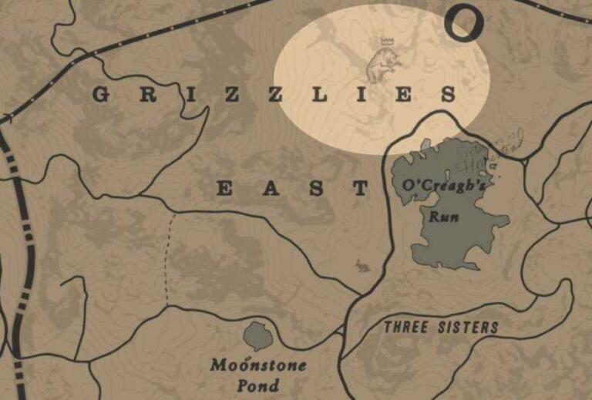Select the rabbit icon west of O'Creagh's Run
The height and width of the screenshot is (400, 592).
[x=362, y=267]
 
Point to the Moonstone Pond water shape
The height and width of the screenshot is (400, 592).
[x=258, y=336]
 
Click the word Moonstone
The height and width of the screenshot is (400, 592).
[x=257, y=365]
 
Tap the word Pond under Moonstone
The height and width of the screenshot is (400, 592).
[x=258, y=385]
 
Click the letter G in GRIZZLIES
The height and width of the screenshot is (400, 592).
[x=99, y=96]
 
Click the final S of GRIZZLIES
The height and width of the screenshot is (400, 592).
[x=447, y=96]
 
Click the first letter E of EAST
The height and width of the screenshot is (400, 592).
[x=224, y=188]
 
